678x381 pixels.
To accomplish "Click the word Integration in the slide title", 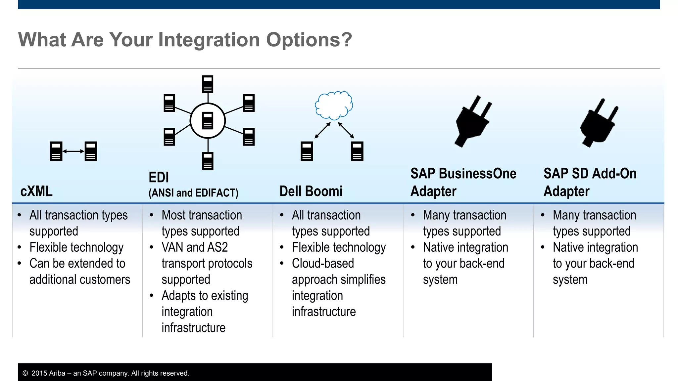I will [x=209, y=40].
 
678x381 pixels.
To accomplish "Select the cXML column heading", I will [x=36, y=191].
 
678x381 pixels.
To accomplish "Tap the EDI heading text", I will [x=159, y=178].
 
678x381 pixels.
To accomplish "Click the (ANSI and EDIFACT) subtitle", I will [x=193, y=193].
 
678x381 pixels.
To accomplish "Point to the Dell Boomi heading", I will [x=311, y=191].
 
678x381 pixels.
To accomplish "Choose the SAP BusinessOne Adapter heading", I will [x=463, y=182].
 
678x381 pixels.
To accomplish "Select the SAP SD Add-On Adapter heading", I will [x=590, y=182].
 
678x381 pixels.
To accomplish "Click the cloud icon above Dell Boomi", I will [x=334, y=105].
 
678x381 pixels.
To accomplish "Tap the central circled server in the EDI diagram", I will [x=208, y=121].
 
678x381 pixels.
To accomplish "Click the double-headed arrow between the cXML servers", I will [x=73, y=151].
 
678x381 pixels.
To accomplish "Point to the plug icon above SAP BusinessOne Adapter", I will [x=472, y=122].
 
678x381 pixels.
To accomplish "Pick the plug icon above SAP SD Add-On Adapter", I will [x=599, y=123].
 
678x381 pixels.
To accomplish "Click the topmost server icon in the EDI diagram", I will [x=208, y=84].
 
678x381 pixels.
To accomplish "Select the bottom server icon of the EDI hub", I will [x=208, y=161].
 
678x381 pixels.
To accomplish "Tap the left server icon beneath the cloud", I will [x=307, y=151].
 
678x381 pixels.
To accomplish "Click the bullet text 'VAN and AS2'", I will [x=195, y=247].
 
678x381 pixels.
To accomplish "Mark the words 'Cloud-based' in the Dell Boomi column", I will [x=323, y=264].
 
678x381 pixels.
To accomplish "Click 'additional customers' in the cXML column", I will [x=80, y=280].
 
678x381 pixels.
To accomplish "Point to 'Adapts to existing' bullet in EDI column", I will [x=205, y=296].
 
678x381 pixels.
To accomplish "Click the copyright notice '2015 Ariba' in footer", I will [x=48, y=373].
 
